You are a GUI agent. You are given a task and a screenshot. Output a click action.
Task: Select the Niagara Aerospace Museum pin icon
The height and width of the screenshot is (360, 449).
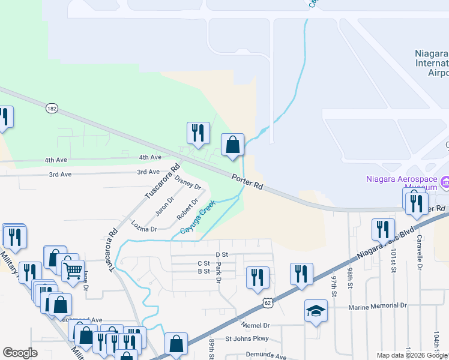pos(445,181)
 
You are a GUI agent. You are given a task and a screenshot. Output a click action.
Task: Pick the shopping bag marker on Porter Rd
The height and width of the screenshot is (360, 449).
pos(233,145)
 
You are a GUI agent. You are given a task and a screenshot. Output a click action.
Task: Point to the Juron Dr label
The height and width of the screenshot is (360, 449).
pos(164,206)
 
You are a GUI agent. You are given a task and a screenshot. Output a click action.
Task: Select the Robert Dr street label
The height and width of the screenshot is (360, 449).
pos(187,209)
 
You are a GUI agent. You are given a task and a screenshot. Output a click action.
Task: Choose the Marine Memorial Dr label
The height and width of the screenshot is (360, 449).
pos(378,305)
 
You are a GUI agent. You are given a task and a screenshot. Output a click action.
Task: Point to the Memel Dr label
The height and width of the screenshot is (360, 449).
pos(256,325)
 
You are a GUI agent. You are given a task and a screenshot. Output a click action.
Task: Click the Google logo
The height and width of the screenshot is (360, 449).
pos(20,353)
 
